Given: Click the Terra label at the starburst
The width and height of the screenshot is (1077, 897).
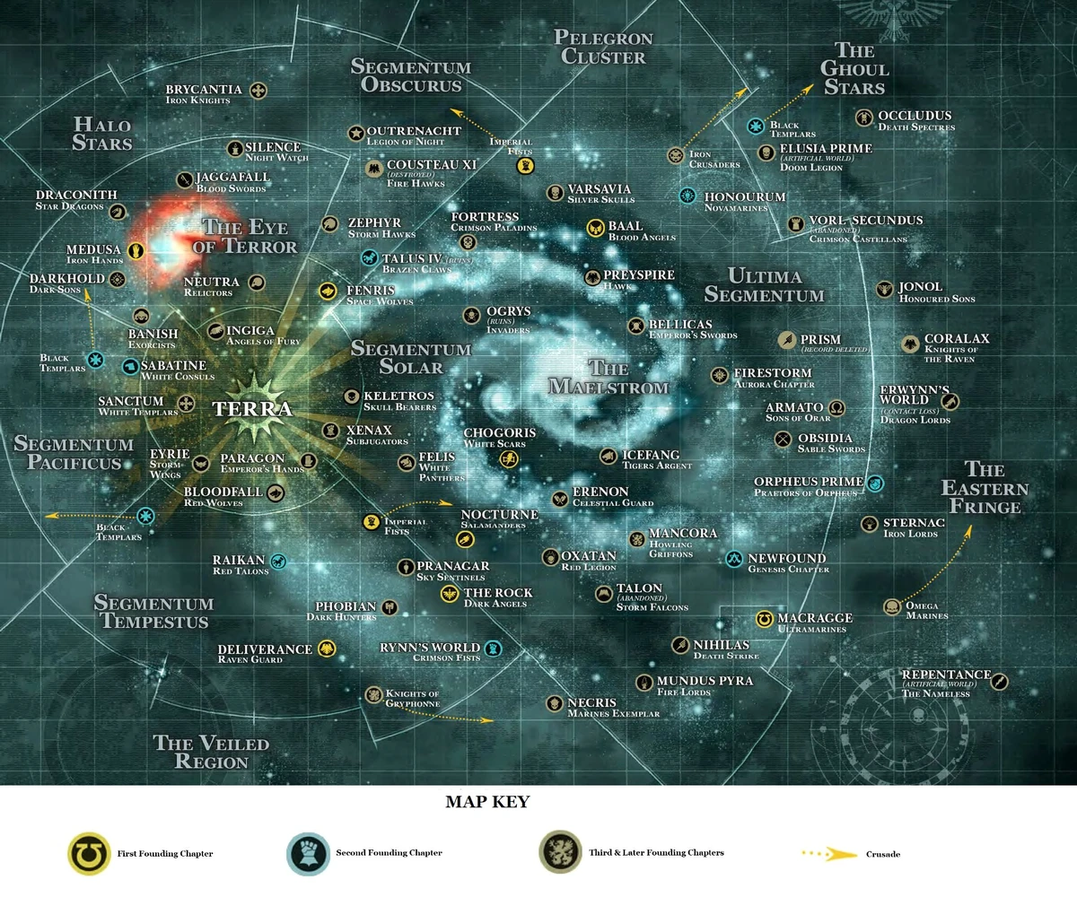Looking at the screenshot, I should pyautogui.click(x=252, y=409).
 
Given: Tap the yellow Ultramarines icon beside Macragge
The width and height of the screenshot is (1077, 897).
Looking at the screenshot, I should pyautogui.click(x=764, y=620).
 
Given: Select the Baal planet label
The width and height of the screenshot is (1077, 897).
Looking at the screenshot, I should pyautogui.click(x=626, y=226).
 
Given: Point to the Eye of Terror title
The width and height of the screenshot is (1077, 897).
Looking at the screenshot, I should pyautogui.click(x=249, y=236).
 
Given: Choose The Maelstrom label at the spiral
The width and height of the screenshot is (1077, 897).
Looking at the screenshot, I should pyautogui.click(x=609, y=377).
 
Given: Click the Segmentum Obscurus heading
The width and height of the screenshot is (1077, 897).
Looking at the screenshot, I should pyautogui.click(x=410, y=76).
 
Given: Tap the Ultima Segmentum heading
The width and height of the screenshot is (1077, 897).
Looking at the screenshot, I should pyautogui.click(x=764, y=284).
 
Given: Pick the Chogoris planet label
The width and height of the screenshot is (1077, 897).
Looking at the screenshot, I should pyautogui.click(x=500, y=433).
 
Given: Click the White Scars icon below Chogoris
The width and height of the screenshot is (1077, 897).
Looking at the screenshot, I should pyautogui.click(x=509, y=459).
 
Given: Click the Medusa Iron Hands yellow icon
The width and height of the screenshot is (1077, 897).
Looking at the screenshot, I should pyautogui.click(x=136, y=250).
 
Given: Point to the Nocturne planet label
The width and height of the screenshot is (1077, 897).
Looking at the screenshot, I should pyautogui.click(x=499, y=514).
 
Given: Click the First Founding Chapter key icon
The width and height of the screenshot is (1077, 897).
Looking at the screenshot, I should pyautogui.click(x=89, y=852).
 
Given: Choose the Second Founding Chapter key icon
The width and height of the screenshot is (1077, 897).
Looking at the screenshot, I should pyautogui.click(x=308, y=852).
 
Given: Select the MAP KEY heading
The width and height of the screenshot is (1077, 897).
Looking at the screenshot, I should pyautogui.click(x=487, y=802).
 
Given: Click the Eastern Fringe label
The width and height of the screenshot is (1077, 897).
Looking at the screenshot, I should pyautogui.click(x=984, y=488).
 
